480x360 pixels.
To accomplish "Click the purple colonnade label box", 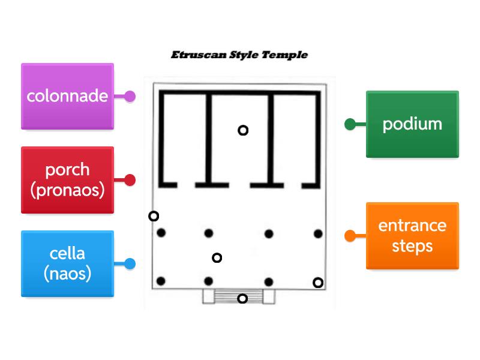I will coord(67,96).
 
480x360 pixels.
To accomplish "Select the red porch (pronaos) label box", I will coord(67,180).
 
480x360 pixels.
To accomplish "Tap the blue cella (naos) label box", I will coord(67,264).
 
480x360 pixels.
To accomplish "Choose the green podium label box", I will coord(412,124).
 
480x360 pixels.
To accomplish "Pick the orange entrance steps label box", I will coord(412,236).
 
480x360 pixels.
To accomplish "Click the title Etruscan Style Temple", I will coord(239,55).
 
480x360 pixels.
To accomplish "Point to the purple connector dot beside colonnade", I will coord(130,96).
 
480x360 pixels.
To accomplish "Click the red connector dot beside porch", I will coord(130,180).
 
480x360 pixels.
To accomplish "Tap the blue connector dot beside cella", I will coord(130,264).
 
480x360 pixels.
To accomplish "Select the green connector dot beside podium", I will coord(350,124).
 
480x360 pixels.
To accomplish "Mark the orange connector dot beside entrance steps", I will coord(350,236).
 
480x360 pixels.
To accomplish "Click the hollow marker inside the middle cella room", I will coord(243,130).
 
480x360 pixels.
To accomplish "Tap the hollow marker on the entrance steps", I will coord(242,299).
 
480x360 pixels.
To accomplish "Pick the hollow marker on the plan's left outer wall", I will coord(154,216).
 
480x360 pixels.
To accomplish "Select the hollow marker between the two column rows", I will coord(217,258).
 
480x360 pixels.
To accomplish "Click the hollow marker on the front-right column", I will coord(318,283).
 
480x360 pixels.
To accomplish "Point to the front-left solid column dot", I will coord(161,281).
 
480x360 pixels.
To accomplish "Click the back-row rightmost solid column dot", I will coord(318,233).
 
